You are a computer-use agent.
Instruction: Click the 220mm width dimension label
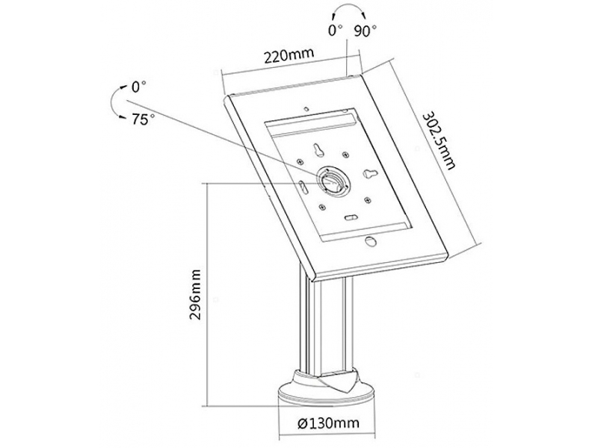[x=289, y=55]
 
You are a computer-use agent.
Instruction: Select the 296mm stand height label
[x=195, y=294]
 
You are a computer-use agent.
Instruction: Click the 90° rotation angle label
[x=365, y=31]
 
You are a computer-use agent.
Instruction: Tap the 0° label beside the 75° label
[x=138, y=87]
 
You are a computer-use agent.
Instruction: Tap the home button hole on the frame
[x=370, y=241]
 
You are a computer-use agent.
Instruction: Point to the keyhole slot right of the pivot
[x=369, y=173]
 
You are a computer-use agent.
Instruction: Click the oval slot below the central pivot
[x=351, y=217]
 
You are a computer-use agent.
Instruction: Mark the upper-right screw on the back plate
[x=345, y=155]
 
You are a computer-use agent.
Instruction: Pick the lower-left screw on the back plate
[x=322, y=207]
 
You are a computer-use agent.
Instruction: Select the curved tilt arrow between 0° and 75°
[x=114, y=103]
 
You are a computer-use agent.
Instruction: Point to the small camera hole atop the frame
[x=306, y=108]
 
